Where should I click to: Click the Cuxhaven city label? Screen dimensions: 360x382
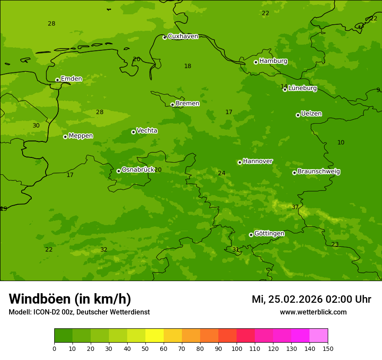[x=183, y=36]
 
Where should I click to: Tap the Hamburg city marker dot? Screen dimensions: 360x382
[x=256, y=62]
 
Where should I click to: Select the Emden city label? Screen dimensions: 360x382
[x=71, y=79]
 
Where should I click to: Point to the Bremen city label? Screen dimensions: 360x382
[x=187, y=104]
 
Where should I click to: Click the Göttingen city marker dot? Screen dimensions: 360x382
[x=251, y=235]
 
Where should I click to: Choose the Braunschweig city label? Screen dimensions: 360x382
[x=319, y=172]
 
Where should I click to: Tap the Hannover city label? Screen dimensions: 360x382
[x=257, y=161]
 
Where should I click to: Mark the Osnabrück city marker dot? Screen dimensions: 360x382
[x=119, y=171]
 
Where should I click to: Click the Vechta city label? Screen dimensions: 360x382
[x=147, y=131]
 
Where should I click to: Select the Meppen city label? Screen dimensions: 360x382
[x=81, y=136]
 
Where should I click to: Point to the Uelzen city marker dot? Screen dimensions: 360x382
[x=298, y=115]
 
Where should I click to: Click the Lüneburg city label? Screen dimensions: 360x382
[x=302, y=88]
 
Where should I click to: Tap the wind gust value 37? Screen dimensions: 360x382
[x=295, y=207]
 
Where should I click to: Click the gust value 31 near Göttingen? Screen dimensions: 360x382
[x=236, y=250]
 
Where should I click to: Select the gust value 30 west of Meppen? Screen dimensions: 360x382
[x=36, y=126]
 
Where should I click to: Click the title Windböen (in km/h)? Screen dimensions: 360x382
[x=70, y=299]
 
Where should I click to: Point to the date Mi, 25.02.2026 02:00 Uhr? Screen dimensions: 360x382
[x=311, y=299]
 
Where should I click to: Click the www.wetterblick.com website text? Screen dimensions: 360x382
[x=313, y=312]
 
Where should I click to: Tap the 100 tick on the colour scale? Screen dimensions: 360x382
[x=237, y=348]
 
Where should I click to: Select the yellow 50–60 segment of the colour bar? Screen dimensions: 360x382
[x=155, y=336]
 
